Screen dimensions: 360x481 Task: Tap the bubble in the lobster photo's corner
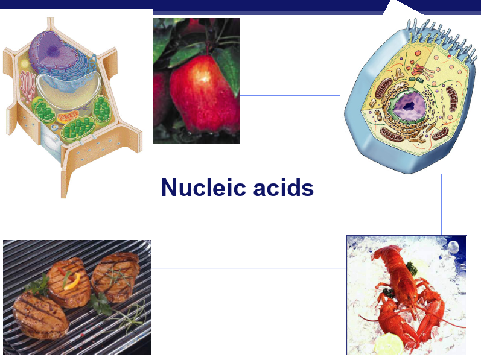[x=453, y=245]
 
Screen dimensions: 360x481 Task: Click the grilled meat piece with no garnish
[x=40, y=315]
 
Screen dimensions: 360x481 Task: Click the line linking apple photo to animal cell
[x=290, y=95]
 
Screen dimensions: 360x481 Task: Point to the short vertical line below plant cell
[x=31, y=208]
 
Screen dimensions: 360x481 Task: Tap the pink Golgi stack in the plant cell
[x=27, y=84]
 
